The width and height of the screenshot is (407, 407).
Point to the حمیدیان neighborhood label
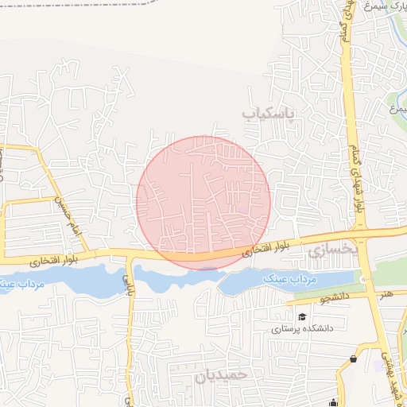click(x=222, y=374)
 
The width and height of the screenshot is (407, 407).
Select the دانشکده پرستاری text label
click(x=303, y=328)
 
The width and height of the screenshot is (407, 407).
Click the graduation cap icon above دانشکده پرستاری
click(x=302, y=317)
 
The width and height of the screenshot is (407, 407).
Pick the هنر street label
click(x=386, y=294)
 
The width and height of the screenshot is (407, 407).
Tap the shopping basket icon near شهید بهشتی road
click(x=352, y=359)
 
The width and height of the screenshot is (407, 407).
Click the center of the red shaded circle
click(x=203, y=203)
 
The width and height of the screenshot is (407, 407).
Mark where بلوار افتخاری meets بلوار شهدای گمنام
click(x=359, y=237)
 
